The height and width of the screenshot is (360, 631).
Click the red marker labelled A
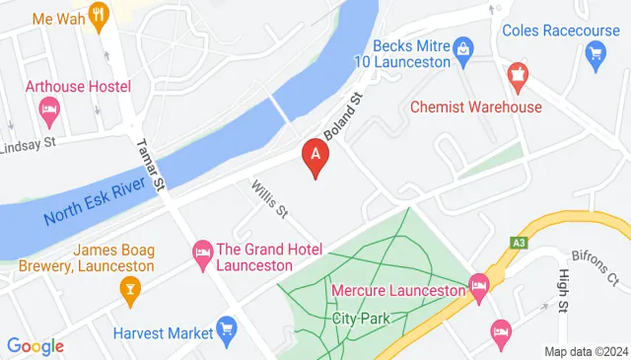[315, 155]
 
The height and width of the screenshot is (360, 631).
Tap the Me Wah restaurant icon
[98, 15]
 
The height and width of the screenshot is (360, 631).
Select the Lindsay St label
[41, 143]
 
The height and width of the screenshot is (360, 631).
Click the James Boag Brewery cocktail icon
[127, 288]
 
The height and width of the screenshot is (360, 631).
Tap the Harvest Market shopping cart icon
[227, 326]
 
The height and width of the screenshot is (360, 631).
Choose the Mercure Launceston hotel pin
[479, 285]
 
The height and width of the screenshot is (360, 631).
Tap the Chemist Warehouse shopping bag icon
[516, 74]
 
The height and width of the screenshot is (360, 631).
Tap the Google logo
[35, 346]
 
